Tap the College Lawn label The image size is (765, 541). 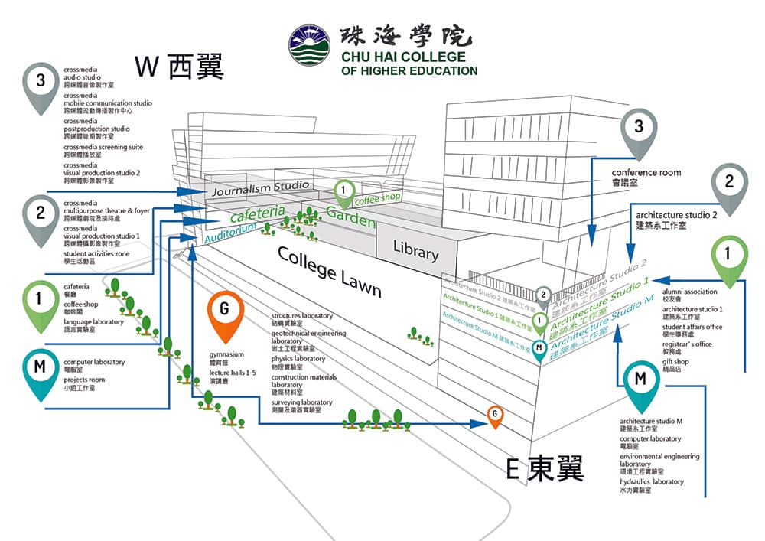pos(329,271)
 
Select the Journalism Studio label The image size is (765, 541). pos(260,187)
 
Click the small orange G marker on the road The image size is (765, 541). pos(496,415)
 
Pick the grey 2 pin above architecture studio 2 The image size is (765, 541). pos(730,184)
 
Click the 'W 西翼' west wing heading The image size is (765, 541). pos(179,67)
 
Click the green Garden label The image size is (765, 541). pos(351,216)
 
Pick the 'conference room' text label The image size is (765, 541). pos(646,173)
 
